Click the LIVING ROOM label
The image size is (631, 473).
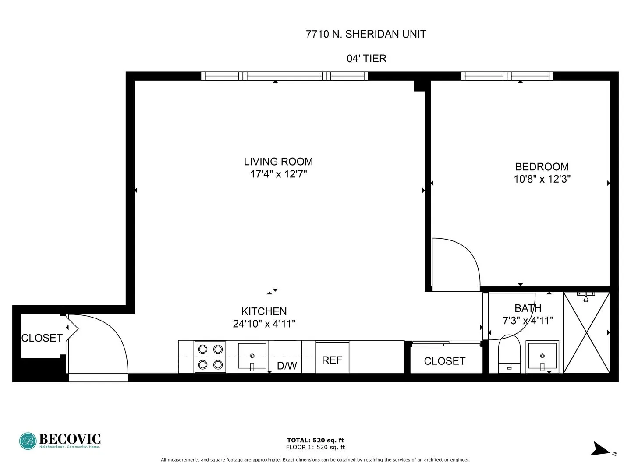(x=278, y=162)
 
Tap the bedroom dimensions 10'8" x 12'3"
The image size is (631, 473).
(x=542, y=179)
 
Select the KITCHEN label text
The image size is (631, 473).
(x=264, y=311)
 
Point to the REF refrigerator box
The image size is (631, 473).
(x=332, y=360)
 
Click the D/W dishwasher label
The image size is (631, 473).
(x=287, y=366)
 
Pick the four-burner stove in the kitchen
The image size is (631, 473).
(x=210, y=357)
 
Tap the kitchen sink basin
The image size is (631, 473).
(x=252, y=356)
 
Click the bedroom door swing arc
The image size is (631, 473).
(x=460, y=261)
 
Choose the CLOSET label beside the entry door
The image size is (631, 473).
(x=42, y=338)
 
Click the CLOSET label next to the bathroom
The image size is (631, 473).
(x=444, y=361)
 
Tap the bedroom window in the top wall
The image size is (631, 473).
(x=507, y=76)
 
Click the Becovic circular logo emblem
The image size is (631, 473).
(x=28, y=441)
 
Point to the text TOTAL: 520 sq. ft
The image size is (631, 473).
(x=315, y=441)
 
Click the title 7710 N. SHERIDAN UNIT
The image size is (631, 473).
(x=366, y=34)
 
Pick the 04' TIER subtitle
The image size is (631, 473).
(x=366, y=59)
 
